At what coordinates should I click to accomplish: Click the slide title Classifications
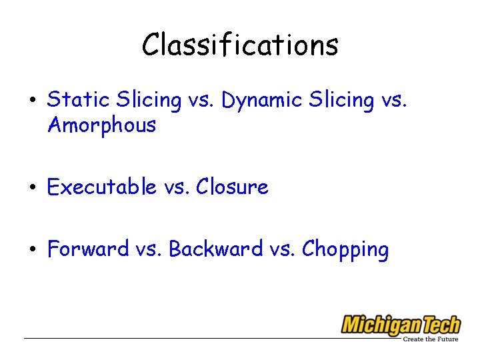[240, 45]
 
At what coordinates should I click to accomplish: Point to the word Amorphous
[101, 125]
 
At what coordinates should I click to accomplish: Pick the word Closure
[232, 187]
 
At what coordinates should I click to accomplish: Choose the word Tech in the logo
[439, 325]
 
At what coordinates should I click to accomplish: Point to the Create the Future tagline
[430, 339]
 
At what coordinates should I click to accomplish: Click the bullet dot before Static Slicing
[31, 101]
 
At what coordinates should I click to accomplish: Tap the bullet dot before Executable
[31, 189]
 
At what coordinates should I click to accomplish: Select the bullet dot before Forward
[31, 251]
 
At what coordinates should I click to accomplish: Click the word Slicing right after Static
[148, 101]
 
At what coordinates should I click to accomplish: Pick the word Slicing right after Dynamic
[341, 101]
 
